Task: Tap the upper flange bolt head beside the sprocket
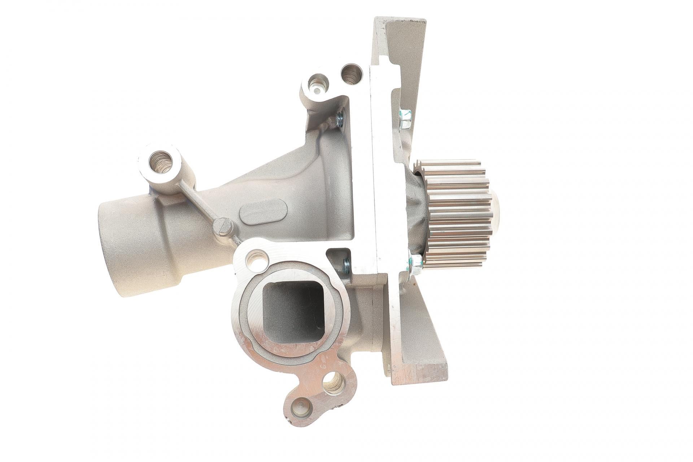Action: point(405,119)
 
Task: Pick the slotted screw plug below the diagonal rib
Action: point(222,226)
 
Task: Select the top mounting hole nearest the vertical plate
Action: point(352,74)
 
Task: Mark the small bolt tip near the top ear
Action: point(340,119)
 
